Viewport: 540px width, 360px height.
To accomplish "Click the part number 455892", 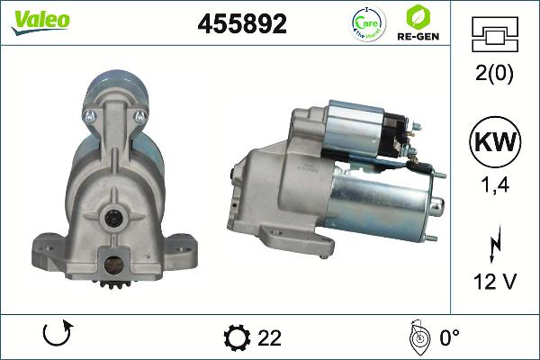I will pyautogui.click(x=241, y=24).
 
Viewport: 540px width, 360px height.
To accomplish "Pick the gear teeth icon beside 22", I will pyautogui.click(x=237, y=337).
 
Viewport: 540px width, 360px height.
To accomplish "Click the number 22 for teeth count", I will pyautogui.click(x=269, y=337).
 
